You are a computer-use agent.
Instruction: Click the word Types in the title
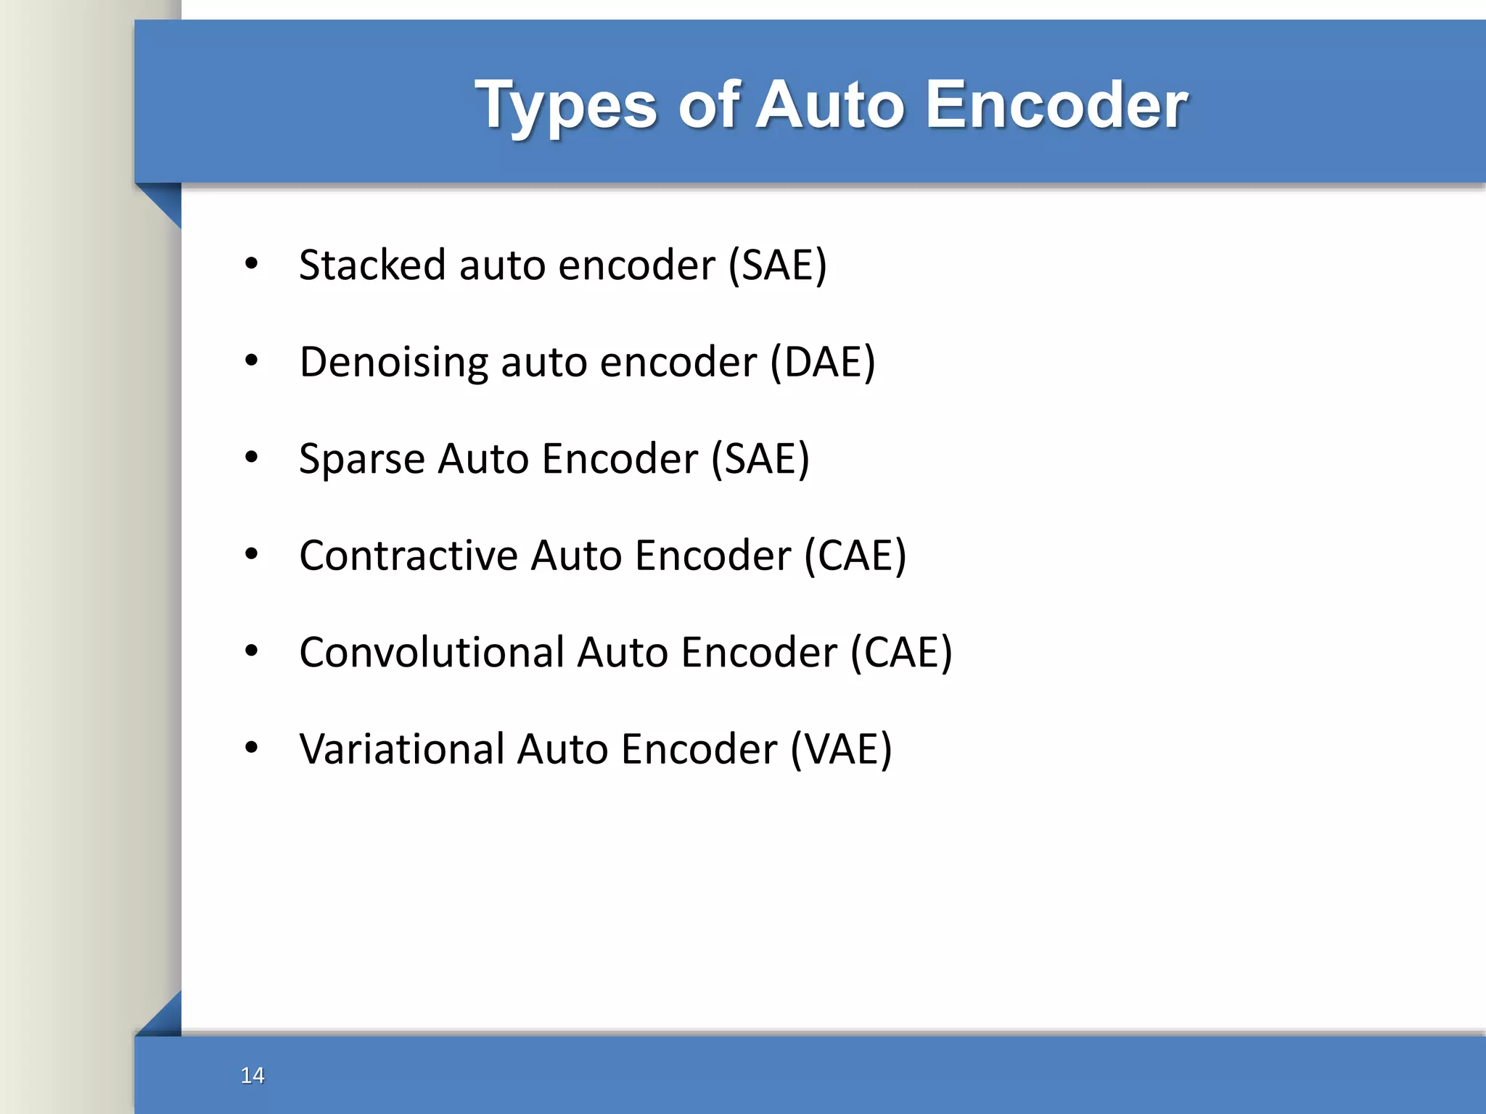click(566, 106)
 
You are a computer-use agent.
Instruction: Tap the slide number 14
click(253, 1075)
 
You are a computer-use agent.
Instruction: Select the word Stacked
click(371, 265)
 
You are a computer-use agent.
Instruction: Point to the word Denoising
click(393, 362)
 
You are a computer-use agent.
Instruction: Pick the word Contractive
click(408, 556)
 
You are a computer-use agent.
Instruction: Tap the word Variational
click(401, 749)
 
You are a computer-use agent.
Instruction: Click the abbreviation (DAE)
click(823, 362)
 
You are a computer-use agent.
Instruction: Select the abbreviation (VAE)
click(841, 749)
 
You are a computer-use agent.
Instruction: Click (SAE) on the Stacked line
click(777, 265)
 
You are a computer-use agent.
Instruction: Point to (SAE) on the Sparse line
click(760, 459)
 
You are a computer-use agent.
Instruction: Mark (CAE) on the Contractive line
click(855, 556)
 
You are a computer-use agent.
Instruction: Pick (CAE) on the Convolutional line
click(901, 652)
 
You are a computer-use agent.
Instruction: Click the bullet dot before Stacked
click(251, 263)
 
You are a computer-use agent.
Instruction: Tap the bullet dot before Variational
click(251, 747)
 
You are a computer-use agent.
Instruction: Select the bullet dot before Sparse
click(251, 457)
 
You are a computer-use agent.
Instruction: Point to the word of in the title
click(709, 104)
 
